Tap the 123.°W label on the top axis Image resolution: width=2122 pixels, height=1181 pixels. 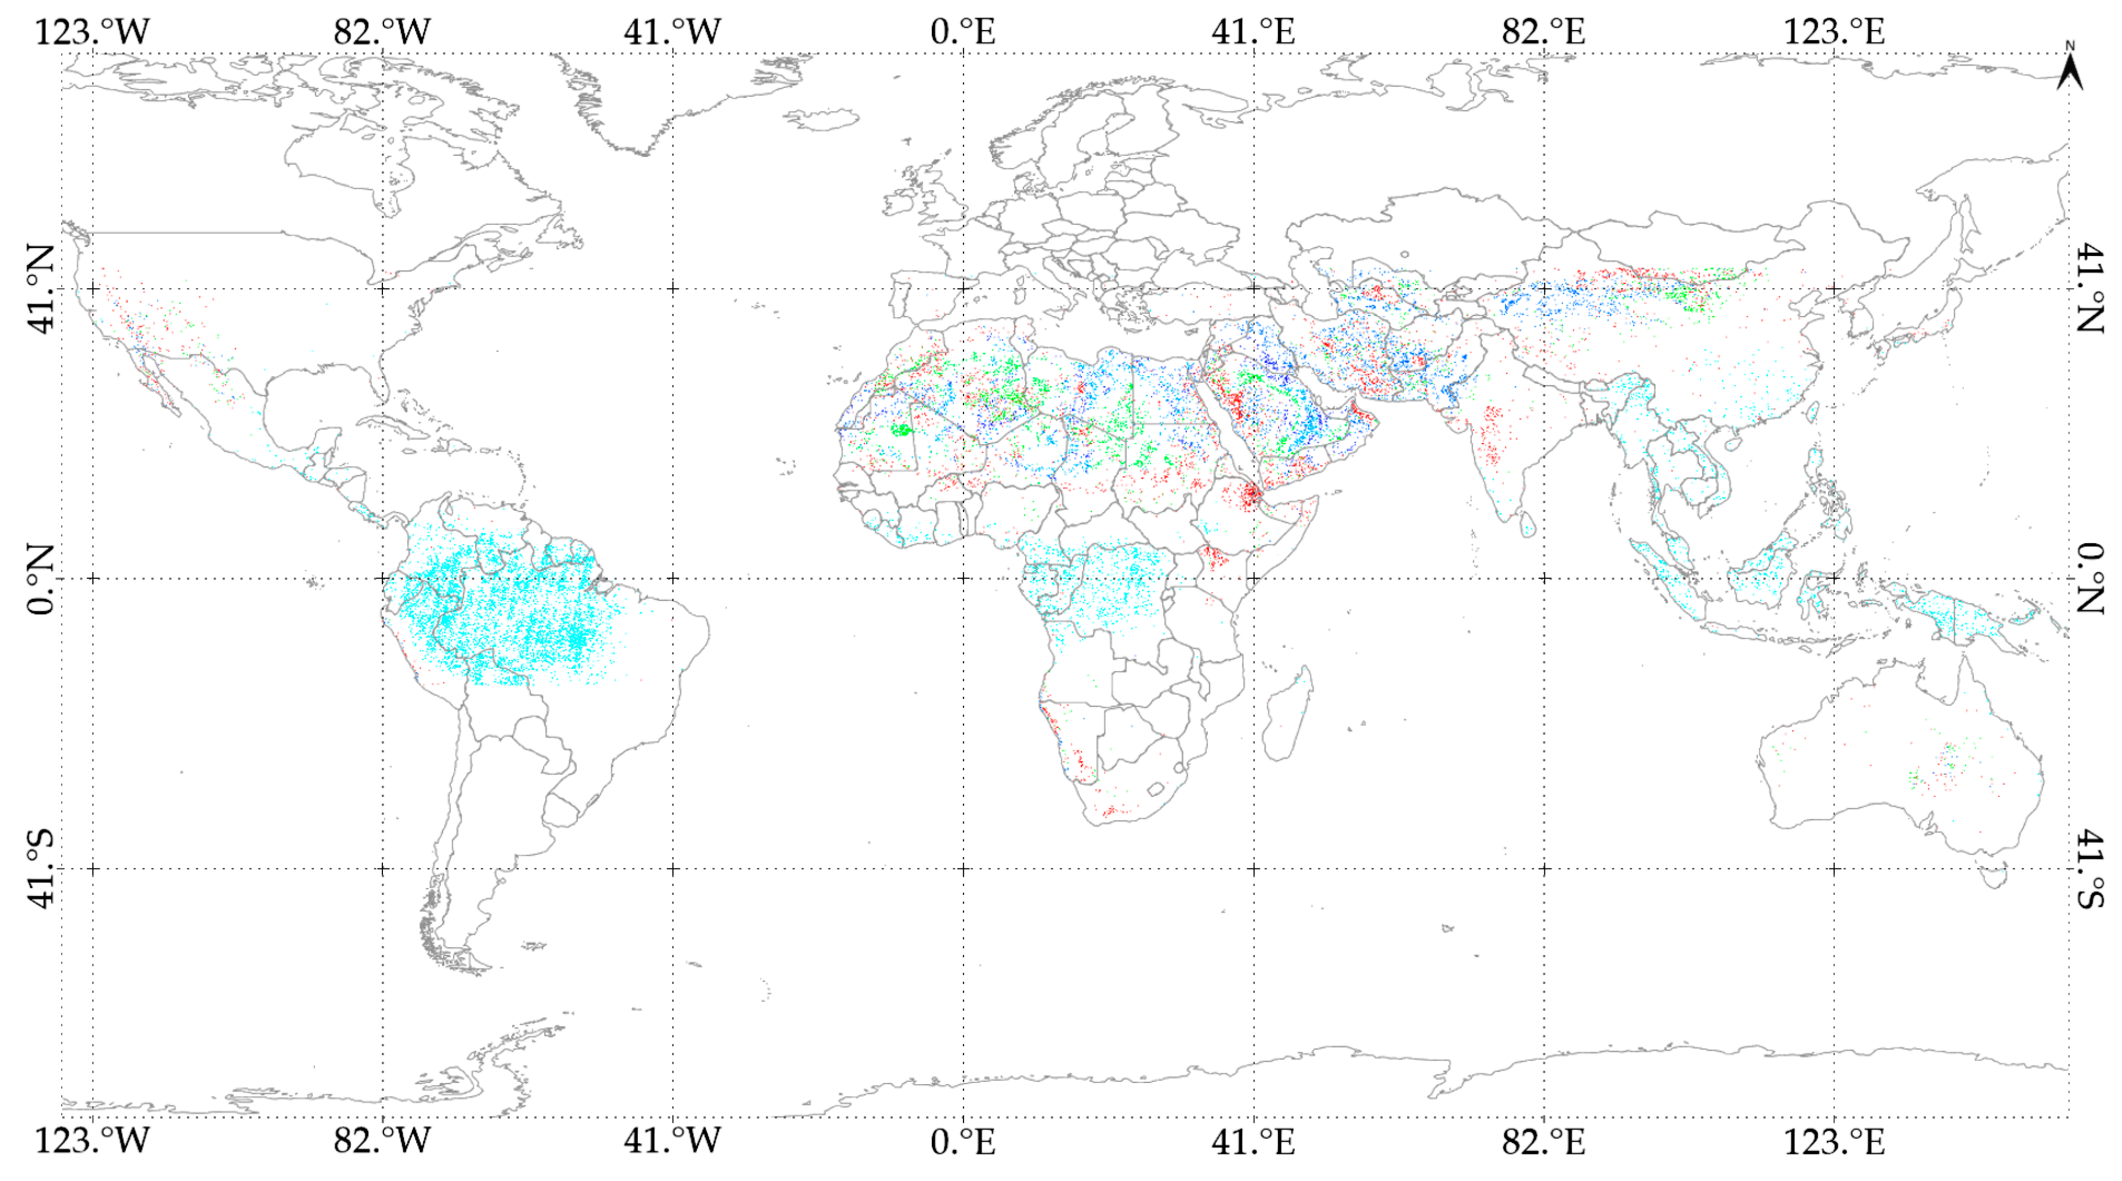point(91,32)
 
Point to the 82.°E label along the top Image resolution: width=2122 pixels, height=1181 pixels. point(1543,32)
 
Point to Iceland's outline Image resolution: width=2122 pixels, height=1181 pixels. point(820,120)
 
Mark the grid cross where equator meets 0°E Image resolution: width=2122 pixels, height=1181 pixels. point(963,578)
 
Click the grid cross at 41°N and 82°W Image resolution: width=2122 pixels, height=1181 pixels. point(382,288)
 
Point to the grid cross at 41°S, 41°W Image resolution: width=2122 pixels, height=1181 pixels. point(673,869)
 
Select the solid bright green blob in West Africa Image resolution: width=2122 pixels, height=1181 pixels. point(901,429)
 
